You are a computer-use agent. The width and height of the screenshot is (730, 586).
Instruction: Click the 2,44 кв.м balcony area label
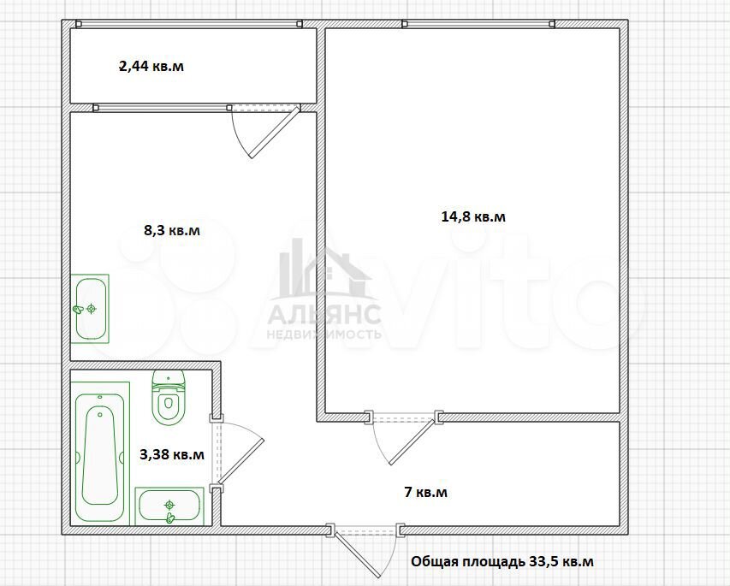(151, 66)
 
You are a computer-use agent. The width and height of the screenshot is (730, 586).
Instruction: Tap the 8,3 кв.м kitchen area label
(172, 230)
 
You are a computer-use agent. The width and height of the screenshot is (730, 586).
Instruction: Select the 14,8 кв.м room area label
(473, 216)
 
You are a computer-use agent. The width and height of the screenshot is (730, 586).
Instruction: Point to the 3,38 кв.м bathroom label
(172, 453)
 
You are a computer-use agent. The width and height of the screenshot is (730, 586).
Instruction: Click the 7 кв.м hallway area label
(426, 492)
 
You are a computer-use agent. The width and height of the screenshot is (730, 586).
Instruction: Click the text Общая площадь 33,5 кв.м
(502, 561)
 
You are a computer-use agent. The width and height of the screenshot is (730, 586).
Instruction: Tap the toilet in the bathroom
(169, 398)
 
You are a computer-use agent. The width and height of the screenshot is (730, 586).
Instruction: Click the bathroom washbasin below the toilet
(169, 506)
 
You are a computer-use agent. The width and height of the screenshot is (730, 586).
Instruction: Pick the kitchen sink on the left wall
(90, 309)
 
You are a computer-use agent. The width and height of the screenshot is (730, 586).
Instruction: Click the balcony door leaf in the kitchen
(275, 133)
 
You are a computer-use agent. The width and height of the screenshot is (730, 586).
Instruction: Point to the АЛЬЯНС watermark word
(324, 314)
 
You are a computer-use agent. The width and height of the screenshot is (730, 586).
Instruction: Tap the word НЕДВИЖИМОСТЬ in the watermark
(324, 334)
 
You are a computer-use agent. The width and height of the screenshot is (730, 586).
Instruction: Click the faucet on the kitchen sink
(78, 309)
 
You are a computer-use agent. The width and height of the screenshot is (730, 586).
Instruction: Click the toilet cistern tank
(169, 380)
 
